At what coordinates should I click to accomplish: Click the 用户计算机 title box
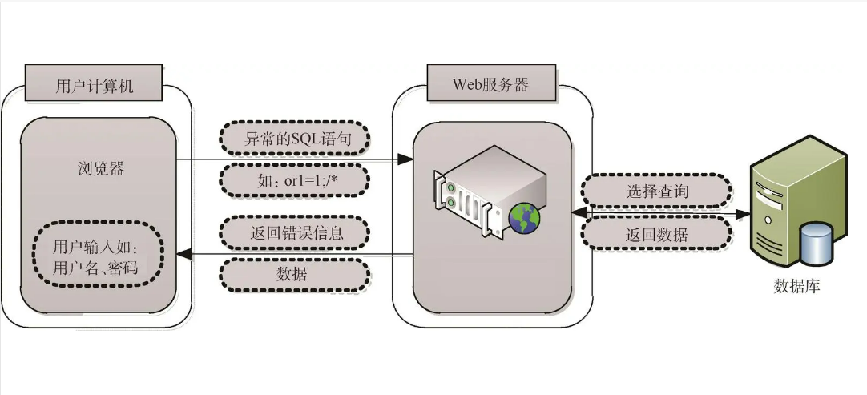[94, 83]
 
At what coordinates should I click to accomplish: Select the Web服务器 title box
[490, 83]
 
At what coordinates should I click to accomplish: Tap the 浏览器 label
[101, 168]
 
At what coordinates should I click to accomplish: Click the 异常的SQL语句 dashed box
[294, 138]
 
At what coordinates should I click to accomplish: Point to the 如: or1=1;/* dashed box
[294, 179]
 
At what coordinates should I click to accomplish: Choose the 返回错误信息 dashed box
[294, 233]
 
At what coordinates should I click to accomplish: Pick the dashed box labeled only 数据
[294, 274]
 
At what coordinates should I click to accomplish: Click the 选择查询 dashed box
[655, 191]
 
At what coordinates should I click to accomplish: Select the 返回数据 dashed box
[655, 234]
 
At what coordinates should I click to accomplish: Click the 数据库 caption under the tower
[796, 287]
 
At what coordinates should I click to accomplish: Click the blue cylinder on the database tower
[816, 244]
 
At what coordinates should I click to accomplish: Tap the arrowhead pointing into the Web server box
[405, 160]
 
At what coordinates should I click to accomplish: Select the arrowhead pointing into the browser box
[184, 254]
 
